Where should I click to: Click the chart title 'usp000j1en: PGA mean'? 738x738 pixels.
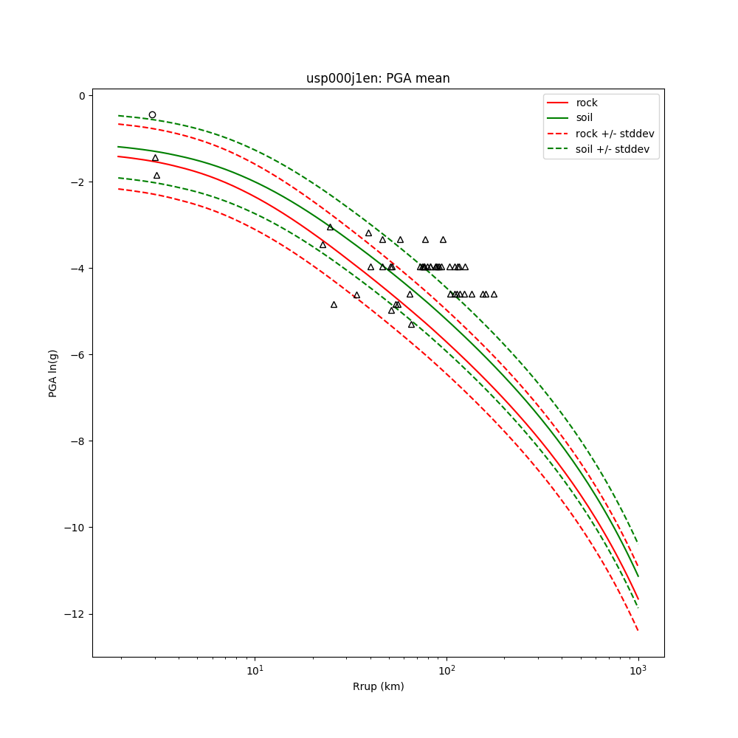tap(378, 78)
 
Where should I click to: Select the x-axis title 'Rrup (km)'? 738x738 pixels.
tap(378, 686)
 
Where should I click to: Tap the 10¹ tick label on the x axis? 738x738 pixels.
tap(255, 670)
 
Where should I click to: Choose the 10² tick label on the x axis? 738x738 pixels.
tap(446, 670)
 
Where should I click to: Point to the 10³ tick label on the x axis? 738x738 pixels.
tap(638, 670)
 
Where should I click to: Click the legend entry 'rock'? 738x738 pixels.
tap(587, 103)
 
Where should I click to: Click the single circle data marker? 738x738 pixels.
tap(152, 114)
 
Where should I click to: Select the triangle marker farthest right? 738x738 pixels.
tap(494, 294)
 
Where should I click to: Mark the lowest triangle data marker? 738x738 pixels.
tap(411, 324)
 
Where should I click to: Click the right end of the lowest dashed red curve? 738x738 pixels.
tap(638, 630)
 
